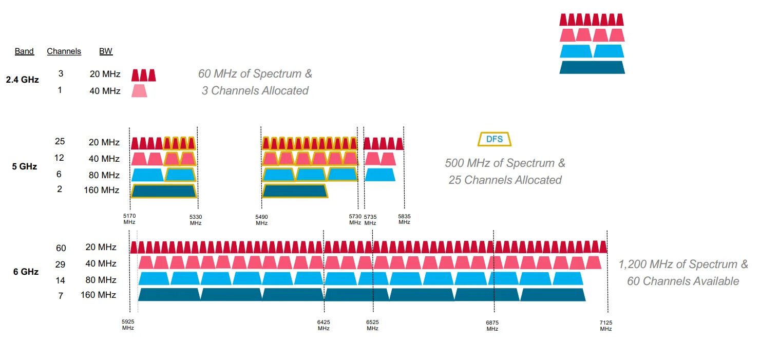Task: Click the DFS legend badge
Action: pos(495,139)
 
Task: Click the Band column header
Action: pos(24,51)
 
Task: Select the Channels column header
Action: pos(64,51)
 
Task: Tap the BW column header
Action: pos(106,51)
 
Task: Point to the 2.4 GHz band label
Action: pos(22,80)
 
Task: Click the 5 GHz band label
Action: pos(25,166)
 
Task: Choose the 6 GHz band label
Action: pos(26,272)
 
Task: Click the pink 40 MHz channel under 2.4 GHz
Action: pos(139,91)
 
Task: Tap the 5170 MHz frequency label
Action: pos(129,219)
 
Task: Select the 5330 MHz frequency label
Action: pos(196,219)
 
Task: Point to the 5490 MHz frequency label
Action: pos(261,219)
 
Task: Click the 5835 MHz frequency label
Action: pos(404,219)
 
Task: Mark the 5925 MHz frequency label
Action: pos(128,325)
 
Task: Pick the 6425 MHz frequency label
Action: pos(324,325)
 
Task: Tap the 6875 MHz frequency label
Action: pos(492,325)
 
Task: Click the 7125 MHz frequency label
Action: pos(606,325)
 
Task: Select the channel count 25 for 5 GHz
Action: pos(60,142)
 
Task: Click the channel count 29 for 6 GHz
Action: pos(61,264)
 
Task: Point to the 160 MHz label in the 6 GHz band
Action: pos(98,295)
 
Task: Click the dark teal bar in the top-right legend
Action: pos(592,67)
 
